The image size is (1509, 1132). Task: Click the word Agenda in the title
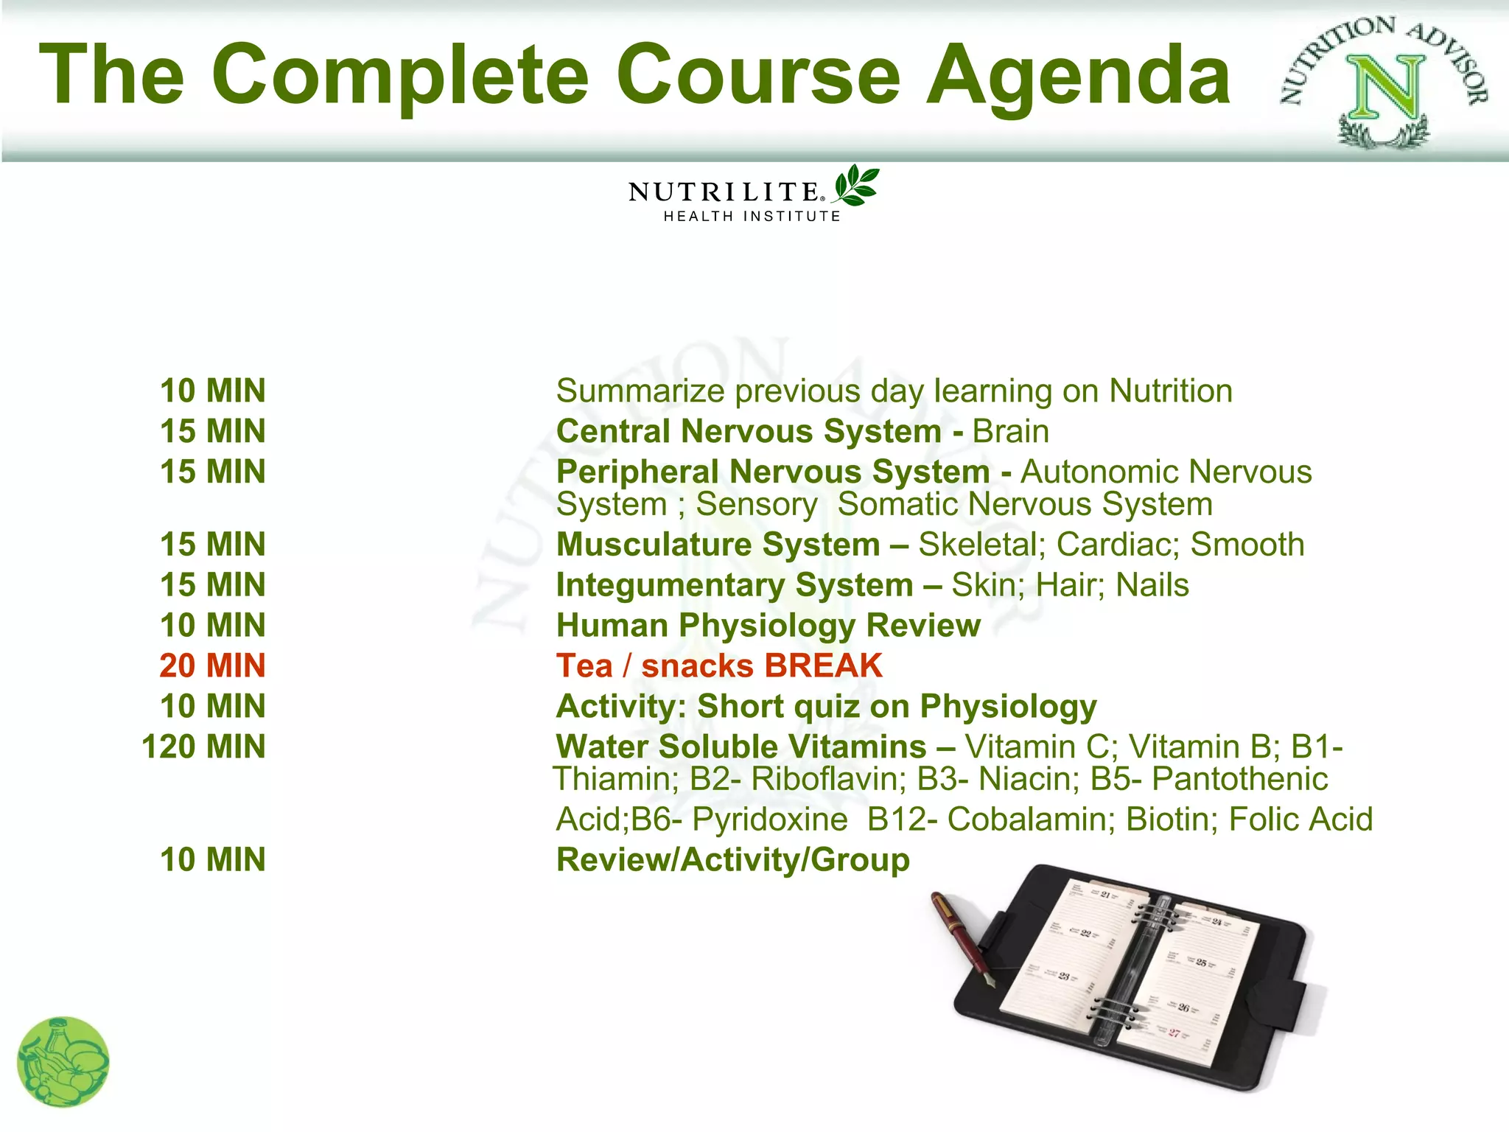1078,75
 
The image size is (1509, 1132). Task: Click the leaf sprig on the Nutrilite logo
856,185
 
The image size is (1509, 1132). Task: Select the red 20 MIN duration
212,665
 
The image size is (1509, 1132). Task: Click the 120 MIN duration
203,747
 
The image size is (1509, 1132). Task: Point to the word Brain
1010,431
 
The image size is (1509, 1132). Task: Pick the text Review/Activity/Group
733,860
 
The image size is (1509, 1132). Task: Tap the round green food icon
63,1062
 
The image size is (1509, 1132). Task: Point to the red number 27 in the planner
1174,1033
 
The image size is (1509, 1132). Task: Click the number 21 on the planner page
1105,895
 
